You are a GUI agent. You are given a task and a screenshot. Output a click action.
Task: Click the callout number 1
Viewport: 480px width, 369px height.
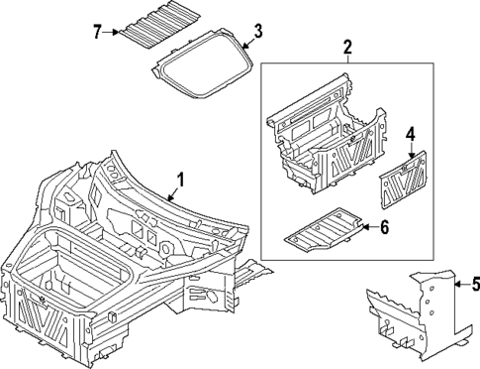pos(179,180)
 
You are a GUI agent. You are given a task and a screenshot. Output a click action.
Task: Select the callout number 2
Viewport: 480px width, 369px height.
pos(347,47)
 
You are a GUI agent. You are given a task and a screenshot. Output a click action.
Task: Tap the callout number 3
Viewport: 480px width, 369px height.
pos(257,34)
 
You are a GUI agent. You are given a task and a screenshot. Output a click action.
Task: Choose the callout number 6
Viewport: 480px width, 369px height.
pos(385,227)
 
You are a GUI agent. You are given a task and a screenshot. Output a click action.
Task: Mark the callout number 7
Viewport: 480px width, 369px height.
pos(97,32)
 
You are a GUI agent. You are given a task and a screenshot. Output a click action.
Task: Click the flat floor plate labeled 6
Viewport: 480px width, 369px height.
pos(322,228)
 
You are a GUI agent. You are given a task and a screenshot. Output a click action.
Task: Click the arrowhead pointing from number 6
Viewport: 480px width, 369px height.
pos(362,227)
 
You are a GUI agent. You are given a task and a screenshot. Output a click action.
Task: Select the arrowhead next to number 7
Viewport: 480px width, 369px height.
pos(115,32)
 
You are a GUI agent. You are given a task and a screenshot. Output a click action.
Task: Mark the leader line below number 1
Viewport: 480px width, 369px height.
pos(174,192)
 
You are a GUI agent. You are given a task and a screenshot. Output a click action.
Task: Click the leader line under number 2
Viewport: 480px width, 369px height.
pos(347,59)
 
